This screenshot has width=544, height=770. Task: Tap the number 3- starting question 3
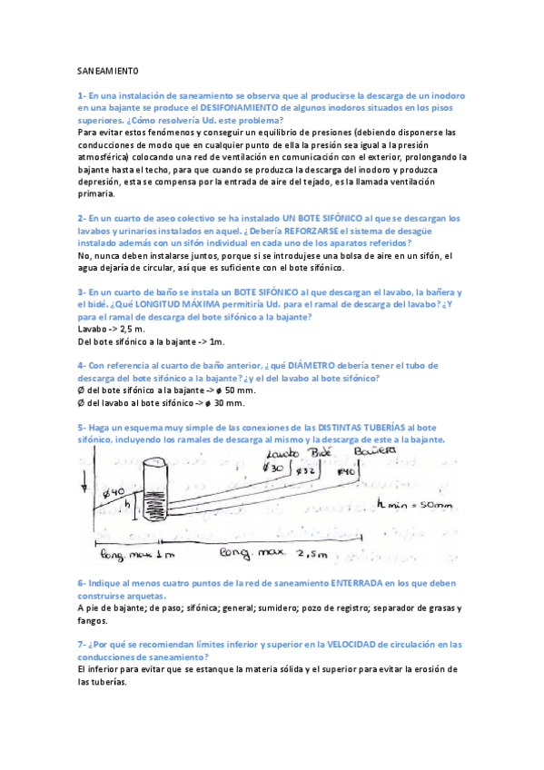(x=82, y=292)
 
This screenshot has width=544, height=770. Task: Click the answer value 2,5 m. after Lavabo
(x=133, y=329)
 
